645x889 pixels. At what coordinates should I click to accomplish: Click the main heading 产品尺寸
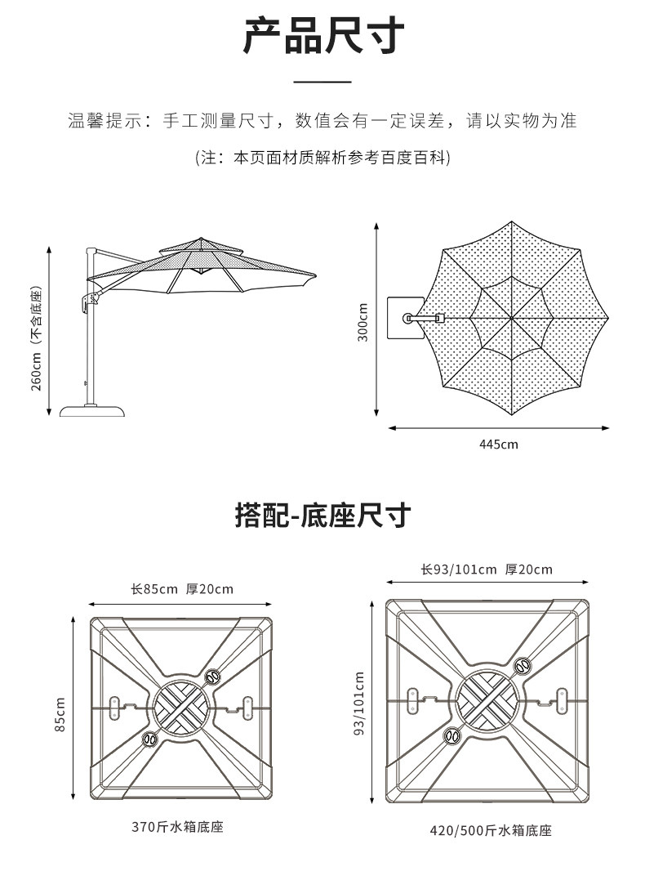322,38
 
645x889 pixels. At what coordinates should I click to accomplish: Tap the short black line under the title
322,82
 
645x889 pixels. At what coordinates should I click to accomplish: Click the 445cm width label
498,444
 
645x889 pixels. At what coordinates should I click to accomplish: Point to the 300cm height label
363,321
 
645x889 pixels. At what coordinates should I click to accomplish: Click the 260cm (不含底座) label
37,338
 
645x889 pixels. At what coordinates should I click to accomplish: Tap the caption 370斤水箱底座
177,826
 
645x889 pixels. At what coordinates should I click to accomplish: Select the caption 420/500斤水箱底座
491,831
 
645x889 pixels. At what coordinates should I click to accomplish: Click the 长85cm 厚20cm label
181,589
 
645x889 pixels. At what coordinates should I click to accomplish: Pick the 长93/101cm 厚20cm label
487,570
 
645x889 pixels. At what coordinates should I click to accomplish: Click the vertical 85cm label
60,714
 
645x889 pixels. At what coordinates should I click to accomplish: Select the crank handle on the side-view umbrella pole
85,303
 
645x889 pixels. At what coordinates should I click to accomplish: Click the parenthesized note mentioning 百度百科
322,157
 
